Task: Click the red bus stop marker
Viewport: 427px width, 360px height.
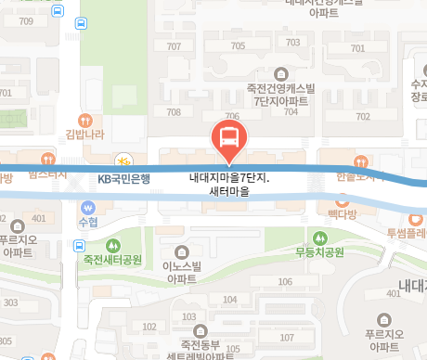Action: [x=228, y=139]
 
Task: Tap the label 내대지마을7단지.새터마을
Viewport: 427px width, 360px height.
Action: [x=228, y=185]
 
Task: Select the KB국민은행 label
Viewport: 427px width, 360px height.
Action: [x=123, y=178]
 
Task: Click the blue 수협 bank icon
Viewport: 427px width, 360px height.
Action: [x=88, y=207]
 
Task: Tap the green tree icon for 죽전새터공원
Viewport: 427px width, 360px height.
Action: [x=113, y=246]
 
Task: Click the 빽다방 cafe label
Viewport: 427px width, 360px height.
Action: [x=342, y=213]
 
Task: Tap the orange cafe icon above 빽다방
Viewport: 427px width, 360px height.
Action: [x=342, y=198]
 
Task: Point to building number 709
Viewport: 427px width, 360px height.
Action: [x=25, y=20]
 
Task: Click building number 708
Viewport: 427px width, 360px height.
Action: [x=173, y=112]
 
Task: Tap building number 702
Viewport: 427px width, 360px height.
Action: [x=363, y=116]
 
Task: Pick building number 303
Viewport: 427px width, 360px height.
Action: [x=10, y=302]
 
